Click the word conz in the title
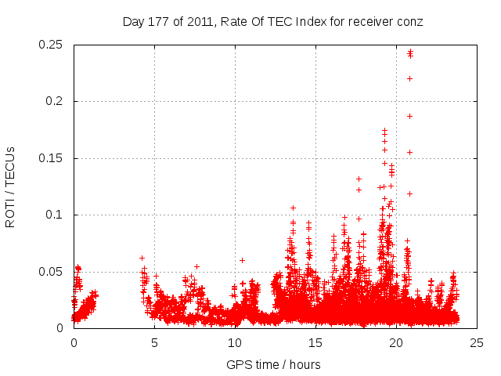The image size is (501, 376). click(409, 22)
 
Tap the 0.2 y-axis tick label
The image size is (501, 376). click(56, 102)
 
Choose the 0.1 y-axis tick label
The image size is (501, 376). click(56, 215)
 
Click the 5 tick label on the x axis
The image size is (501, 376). click(154, 343)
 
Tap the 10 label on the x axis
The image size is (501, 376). click(235, 343)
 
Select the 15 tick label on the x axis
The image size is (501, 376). click(315, 343)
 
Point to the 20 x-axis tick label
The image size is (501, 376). click(396, 343)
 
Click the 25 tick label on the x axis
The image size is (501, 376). click(477, 343)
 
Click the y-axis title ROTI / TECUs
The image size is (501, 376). click(10, 186)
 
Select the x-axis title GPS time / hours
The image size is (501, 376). click(273, 364)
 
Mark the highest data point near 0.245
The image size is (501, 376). click(410, 52)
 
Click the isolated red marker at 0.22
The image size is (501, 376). click(409, 78)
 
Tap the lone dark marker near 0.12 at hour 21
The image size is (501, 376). click(409, 193)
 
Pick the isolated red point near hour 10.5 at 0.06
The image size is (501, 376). click(243, 260)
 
